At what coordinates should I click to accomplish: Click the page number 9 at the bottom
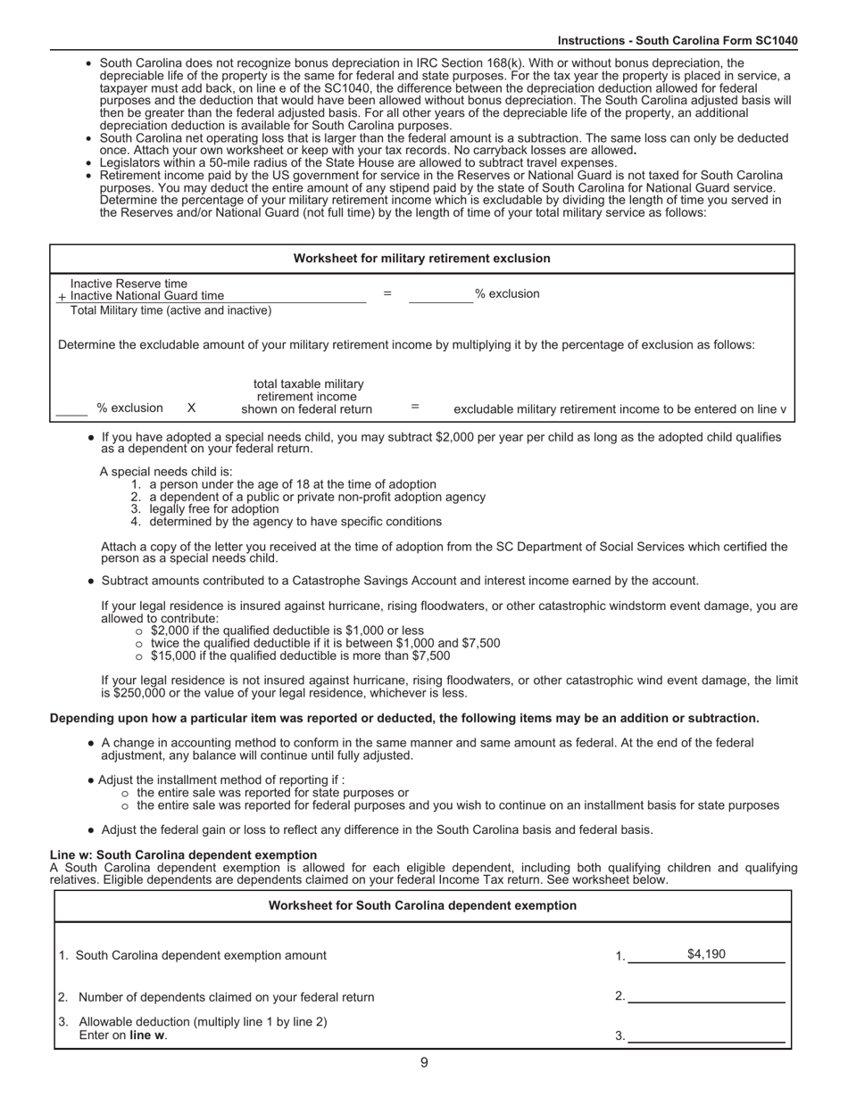424,1062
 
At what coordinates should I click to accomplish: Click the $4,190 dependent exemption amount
705,954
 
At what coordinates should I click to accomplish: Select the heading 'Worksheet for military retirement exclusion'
421,259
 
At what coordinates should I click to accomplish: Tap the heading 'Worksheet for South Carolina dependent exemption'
422,905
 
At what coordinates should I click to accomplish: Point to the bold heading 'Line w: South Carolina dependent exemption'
183,854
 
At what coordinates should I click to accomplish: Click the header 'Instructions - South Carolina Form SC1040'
678,41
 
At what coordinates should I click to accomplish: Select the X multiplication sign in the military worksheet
191,408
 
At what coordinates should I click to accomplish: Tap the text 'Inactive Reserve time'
129,284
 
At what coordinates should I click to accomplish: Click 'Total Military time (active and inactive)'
170,310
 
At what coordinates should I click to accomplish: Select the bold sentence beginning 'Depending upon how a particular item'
404,718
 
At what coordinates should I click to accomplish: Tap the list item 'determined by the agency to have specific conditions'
295,521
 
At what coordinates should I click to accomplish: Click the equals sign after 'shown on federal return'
415,407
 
